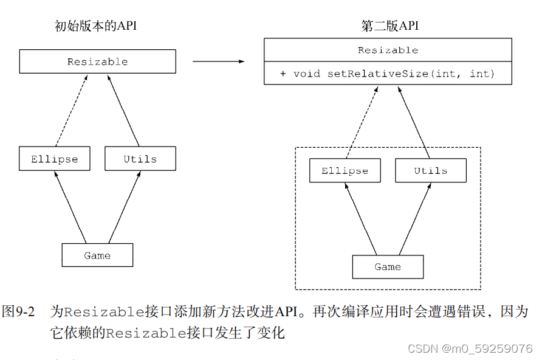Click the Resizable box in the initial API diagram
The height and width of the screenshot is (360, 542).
[x=97, y=61]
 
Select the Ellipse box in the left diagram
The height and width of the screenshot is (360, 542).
[x=55, y=159]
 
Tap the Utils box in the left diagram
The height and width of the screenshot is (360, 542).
[x=140, y=159]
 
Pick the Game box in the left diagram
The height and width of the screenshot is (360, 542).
[x=97, y=255]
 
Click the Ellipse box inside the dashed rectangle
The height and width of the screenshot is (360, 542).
[x=345, y=170]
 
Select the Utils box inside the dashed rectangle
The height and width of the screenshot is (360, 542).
[x=431, y=170]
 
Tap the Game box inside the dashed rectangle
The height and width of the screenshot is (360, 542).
[x=388, y=266]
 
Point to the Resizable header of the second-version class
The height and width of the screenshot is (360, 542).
[x=388, y=50]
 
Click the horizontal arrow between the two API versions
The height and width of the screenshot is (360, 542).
[x=219, y=61]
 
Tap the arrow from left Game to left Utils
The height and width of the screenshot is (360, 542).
[x=125, y=207]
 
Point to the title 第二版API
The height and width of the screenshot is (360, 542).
[x=389, y=26]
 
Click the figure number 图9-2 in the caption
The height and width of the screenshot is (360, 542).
[x=18, y=312]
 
